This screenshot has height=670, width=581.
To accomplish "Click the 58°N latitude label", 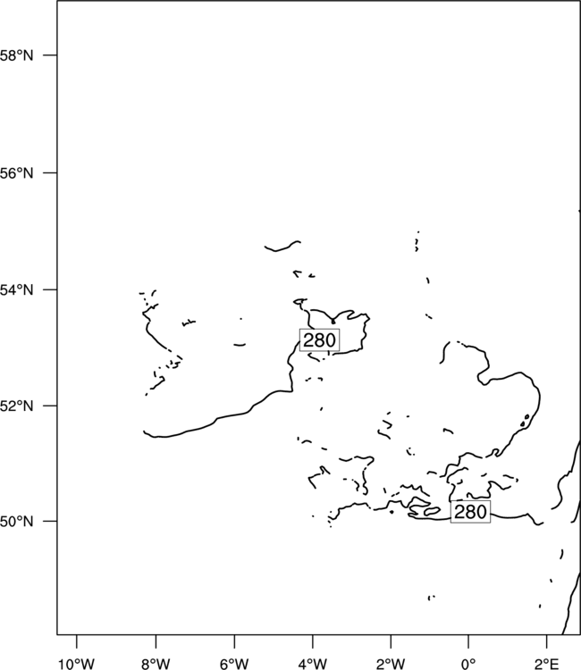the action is (16, 55).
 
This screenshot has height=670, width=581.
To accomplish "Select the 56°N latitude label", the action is (16, 173).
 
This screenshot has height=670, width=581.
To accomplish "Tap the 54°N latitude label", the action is (16, 289).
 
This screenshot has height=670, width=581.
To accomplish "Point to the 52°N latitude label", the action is (16, 406).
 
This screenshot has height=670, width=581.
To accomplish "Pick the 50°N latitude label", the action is (16, 522).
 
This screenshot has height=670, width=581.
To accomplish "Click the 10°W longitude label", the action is (76, 664).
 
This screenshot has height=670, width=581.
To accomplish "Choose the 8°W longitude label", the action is (156, 664).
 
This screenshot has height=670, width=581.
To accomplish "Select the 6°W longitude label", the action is (234, 664).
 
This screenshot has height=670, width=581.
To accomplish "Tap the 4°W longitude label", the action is (313, 664).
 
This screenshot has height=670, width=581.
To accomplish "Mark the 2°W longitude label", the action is (391, 664).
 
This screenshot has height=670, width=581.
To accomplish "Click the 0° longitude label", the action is (468, 664).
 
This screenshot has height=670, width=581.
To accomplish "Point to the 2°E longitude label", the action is (547, 664).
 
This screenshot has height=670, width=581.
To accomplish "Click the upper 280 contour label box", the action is (319, 340).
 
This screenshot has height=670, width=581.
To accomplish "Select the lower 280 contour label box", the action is (470, 512).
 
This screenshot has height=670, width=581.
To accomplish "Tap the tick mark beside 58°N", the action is (50, 55).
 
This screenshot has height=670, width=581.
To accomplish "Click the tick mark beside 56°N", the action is (50, 173).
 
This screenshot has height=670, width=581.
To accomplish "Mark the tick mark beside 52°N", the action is (50, 405).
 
